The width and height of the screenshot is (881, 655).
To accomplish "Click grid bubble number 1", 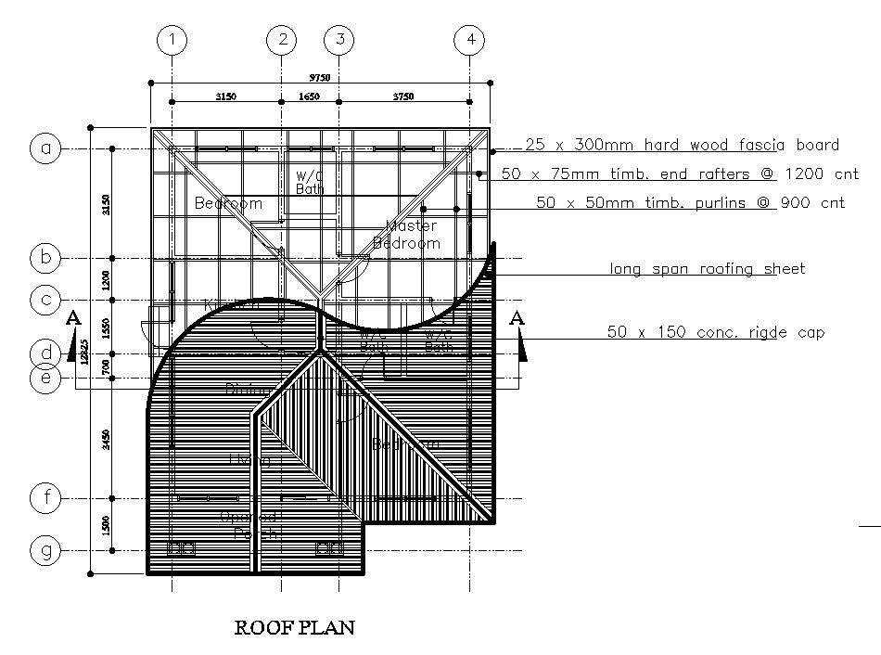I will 172,40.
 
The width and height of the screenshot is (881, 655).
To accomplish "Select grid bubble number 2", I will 282,40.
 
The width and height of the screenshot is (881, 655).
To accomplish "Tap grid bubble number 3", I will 339,40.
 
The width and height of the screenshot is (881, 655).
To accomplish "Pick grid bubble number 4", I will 471,40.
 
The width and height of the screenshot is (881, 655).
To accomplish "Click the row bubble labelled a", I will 45,148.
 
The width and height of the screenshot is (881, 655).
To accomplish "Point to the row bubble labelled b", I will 45,257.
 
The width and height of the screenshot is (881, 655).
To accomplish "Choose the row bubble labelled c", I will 45,300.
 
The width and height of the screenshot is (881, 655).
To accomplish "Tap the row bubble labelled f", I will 45,498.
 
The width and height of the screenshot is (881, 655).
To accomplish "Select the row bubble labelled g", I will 45,551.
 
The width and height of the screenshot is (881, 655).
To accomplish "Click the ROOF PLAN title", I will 294,628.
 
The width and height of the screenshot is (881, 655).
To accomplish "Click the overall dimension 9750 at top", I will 319,77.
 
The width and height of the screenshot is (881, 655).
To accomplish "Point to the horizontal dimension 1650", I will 309,96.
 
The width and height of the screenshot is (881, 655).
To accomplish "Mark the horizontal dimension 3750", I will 403,96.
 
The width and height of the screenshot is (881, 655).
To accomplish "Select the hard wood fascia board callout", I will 682,145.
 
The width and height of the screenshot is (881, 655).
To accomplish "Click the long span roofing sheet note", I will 707,269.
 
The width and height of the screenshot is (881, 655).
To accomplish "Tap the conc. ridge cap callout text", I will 715,331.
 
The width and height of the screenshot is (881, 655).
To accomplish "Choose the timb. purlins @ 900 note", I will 691,202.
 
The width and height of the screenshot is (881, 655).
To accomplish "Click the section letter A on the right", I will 518,318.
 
